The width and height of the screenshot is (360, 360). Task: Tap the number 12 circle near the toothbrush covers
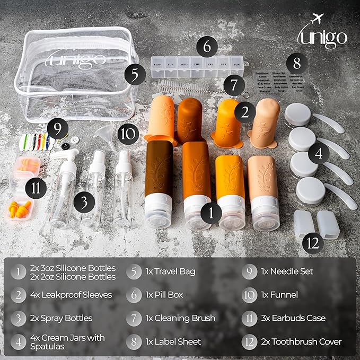pos(314,243)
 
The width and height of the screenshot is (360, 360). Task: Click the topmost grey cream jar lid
pos(298,113)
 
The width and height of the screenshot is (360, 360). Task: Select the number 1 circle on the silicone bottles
pos(211,213)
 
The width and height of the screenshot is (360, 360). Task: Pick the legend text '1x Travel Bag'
pos(170,271)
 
